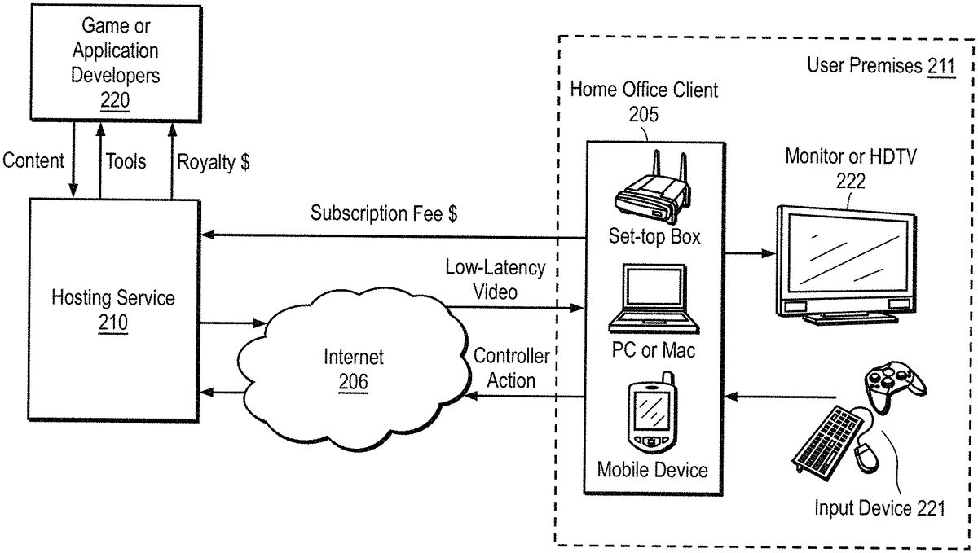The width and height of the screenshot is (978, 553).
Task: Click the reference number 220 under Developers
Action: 115,100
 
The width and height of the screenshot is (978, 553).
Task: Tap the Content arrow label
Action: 33,160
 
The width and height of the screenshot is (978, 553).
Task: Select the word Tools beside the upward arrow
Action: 126,161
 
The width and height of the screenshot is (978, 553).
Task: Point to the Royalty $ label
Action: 214,162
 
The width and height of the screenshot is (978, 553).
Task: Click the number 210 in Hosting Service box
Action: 113,323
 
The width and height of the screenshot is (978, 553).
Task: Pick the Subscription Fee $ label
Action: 384,213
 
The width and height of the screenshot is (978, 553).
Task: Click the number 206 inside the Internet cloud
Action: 353,382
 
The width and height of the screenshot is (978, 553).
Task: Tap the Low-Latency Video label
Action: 496,280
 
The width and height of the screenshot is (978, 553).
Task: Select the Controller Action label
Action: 511,368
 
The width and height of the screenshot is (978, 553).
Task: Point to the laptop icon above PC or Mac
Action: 654,299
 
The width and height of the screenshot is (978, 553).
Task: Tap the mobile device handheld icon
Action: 652,413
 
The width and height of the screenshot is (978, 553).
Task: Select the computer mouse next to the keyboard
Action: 866,458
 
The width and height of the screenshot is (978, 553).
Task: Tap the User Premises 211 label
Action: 881,66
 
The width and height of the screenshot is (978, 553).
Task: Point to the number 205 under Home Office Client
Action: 644,114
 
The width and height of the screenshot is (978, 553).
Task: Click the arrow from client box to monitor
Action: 750,253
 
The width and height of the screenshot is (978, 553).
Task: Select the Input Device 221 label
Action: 879,508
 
